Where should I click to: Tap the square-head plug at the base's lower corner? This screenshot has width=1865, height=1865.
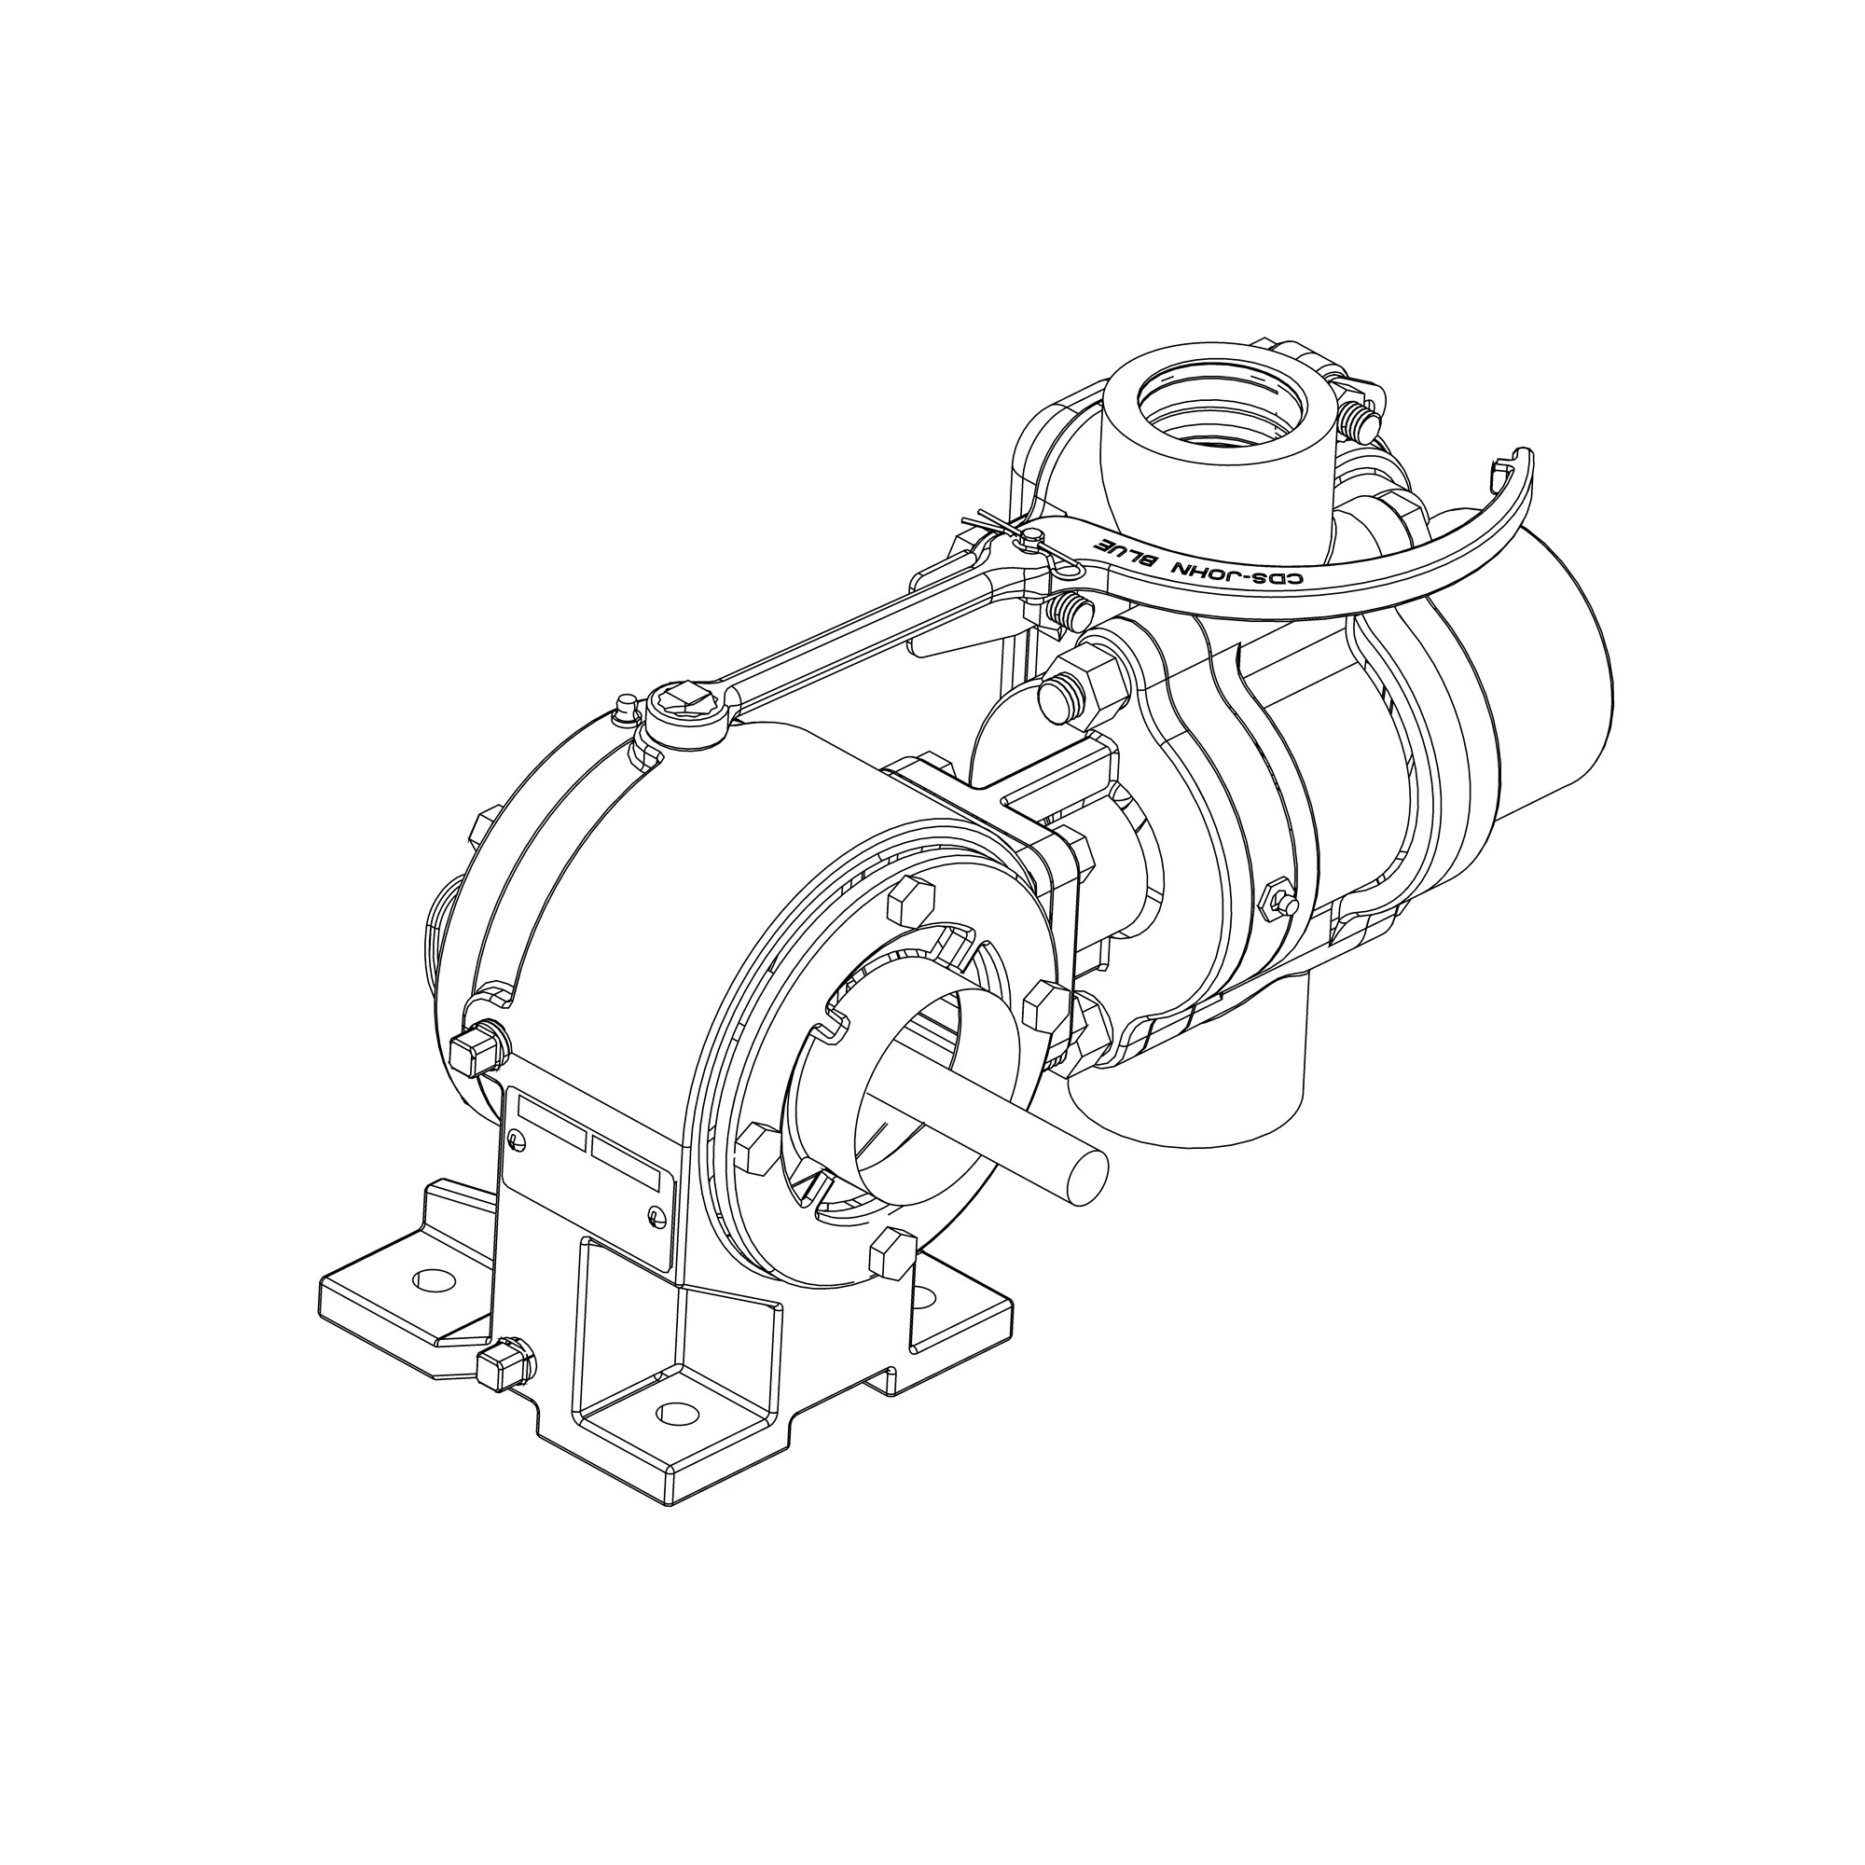tap(502, 1363)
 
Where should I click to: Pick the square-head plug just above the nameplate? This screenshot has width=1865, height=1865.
tap(476, 1049)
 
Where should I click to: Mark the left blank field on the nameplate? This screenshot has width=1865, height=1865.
tap(552, 1118)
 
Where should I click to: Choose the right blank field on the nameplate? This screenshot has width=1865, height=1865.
tap(629, 1162)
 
